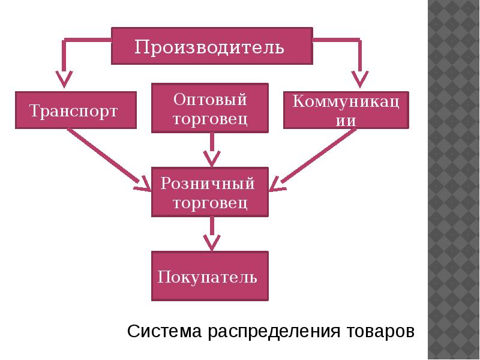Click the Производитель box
pos(212,46)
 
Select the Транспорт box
pos(75,110)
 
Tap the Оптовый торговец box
pos(210,109)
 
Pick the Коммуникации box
pos(347,110)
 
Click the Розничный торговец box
pos(210,193)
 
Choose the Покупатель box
pos(210,276)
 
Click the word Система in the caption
pos(166,332)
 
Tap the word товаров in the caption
pos(380,332)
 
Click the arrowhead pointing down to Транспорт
pos(64,78)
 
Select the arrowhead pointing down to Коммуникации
pos(359,78)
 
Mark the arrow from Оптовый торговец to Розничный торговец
pos(211,150)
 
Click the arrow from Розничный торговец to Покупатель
pos(211,234)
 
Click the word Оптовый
pos(210,98)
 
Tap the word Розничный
pos(208,183)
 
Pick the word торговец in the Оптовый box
pos(210,119)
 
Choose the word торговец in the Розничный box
pos(210,203)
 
